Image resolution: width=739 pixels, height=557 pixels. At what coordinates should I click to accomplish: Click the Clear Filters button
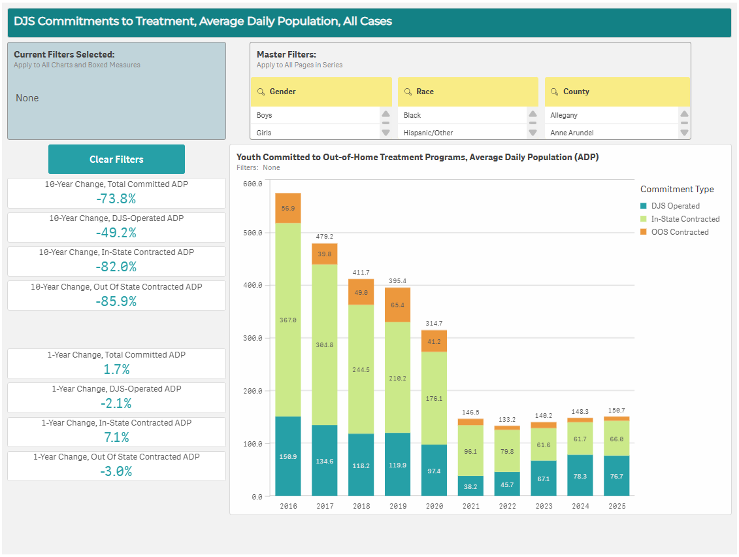[x=116, y=160]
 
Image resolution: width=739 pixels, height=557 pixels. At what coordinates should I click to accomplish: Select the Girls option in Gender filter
[x=264, y=133]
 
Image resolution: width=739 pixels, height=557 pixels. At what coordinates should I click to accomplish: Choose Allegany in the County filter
[x=564, y=115]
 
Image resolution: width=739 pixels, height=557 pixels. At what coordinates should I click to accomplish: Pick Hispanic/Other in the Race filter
[x=428, y=133]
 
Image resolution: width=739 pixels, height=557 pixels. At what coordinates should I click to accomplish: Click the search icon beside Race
[x=408, y=92]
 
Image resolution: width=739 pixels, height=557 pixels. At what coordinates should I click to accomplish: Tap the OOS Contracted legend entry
[x=680, y=232]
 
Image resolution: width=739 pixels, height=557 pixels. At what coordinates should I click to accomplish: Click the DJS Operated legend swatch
[x=644, y=206]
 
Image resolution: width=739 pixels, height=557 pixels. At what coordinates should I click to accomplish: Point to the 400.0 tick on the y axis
[x=253, y=286]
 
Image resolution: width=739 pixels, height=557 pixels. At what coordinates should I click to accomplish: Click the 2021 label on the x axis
[x=470, y=507]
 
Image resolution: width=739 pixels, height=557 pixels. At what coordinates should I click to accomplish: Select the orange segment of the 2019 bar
[x=397, y=305]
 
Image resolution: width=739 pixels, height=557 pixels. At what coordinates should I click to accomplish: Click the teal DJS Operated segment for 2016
[x=288, y=456]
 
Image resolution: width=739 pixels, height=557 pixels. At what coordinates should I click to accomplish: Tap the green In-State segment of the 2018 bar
[x=361, y=369]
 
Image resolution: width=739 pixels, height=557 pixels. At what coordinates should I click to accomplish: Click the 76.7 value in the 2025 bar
[x=616, y=477]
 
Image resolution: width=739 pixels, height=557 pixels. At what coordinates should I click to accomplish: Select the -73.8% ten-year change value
[x=116, y=199]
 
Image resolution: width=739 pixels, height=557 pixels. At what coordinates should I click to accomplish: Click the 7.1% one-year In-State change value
[x=116, y=437]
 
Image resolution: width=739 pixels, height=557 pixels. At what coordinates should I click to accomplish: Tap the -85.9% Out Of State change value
[x=116, y=301]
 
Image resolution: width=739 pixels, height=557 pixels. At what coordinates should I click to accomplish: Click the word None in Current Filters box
[x=27, y=98]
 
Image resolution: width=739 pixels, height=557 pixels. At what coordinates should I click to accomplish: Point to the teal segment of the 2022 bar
[x=507, y=484]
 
